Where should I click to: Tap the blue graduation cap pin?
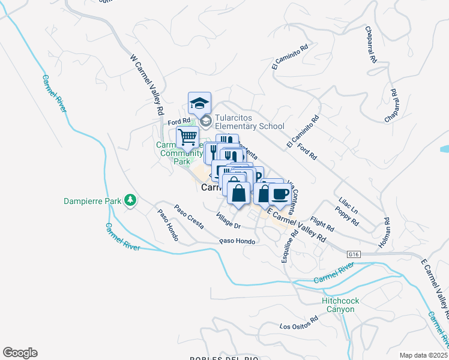coord(199,103)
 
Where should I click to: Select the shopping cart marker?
coord(187,137)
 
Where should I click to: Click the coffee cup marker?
coord(279,194)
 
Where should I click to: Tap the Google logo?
coord(20,353)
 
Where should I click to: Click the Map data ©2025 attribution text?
coord(423,355)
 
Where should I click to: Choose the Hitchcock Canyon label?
coord(337,305)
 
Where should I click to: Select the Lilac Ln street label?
coord(348,210)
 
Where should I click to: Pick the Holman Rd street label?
coord(385,230)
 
